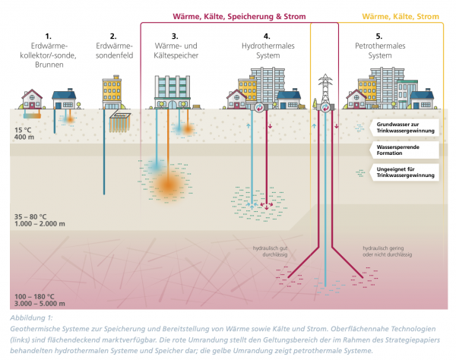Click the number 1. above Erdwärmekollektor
coord(48,36)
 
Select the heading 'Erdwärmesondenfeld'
coord(113,52)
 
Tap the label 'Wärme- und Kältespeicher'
coord(175,52)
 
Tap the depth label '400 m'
coord(24,137)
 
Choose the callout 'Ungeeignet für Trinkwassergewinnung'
coord(404,172)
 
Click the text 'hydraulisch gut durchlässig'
coord(272,251)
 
